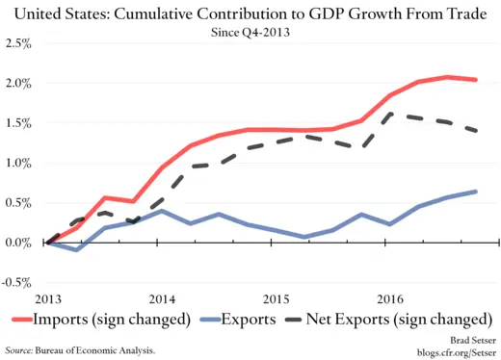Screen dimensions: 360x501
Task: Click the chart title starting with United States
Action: pos(250,12)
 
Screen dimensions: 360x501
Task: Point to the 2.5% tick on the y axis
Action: pos(17,44)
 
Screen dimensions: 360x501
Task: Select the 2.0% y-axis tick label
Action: pos(17,84)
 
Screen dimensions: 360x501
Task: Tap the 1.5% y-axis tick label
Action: pos(17,123)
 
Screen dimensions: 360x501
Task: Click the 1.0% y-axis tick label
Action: pos(17,164)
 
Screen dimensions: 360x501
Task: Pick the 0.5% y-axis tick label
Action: pos(17,203)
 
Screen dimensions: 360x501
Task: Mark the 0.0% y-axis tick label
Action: pos(17,243)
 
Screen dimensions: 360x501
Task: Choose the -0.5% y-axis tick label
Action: pos(15,282)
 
